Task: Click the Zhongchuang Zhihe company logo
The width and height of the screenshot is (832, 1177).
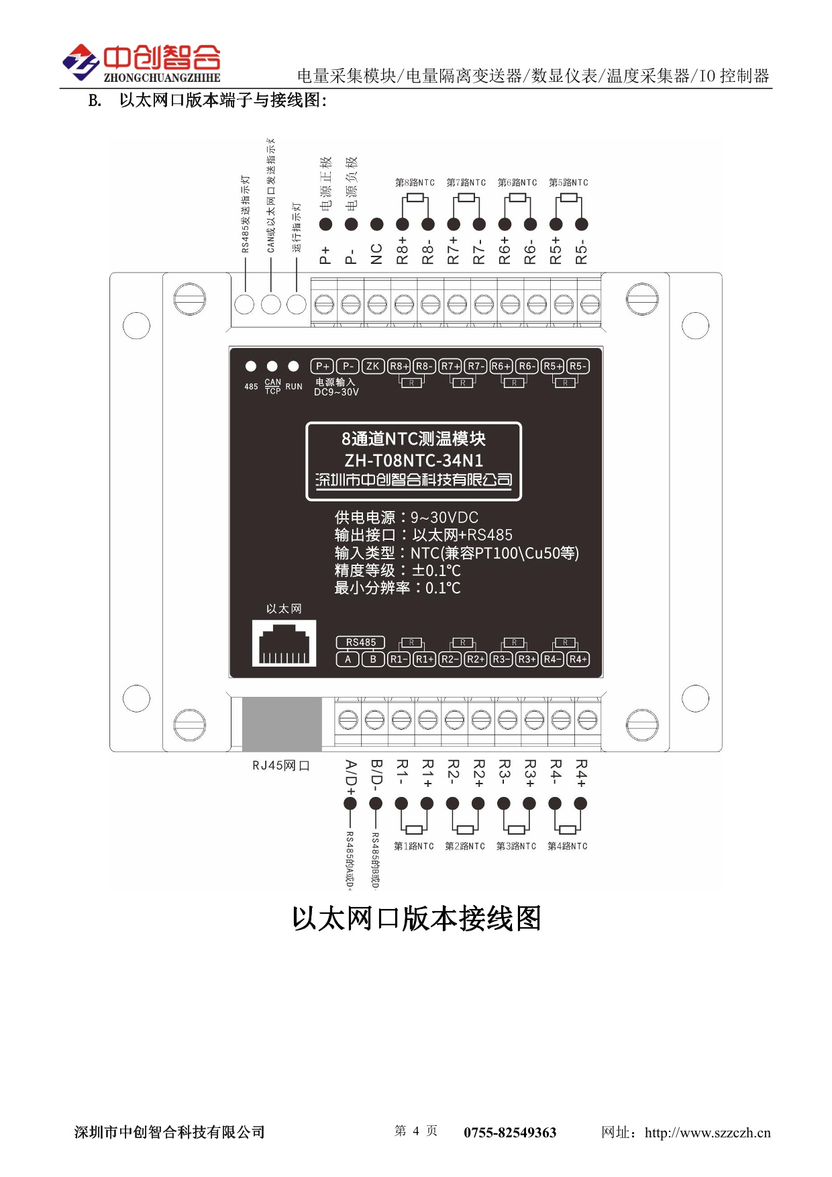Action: pos(142,63)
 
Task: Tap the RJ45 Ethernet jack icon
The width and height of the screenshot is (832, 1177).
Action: pos(284,643)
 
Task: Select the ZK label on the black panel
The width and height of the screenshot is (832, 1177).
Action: pos(372,366)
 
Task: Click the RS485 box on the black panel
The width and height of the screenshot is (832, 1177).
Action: pos(360,643)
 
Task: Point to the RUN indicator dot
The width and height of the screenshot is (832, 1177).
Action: pos(293,366)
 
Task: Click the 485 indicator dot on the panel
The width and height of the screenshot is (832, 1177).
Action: pos(250,366)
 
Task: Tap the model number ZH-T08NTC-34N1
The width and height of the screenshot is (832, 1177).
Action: pos(413,461)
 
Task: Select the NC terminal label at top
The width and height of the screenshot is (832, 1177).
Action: pos(376,254)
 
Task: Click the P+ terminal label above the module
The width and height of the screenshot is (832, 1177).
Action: pos(325,254)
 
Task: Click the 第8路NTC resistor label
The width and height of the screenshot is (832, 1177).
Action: pos(415,183)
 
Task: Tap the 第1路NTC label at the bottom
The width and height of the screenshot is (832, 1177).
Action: pos(413,847)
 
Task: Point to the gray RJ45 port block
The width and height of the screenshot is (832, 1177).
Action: pos(282,724)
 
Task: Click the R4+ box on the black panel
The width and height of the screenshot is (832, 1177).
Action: pos(578,659)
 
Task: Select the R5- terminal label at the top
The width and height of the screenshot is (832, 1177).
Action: pos(582,252)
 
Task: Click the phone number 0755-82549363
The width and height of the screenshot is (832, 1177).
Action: pos(510,1133)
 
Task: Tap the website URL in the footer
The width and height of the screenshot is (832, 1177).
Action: pos(707,1133)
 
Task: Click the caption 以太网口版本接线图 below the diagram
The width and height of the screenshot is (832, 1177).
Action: pos(416,919)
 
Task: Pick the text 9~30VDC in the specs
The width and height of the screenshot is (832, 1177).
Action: pos(444,518)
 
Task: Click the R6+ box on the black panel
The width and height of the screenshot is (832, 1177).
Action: pos(501,366)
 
